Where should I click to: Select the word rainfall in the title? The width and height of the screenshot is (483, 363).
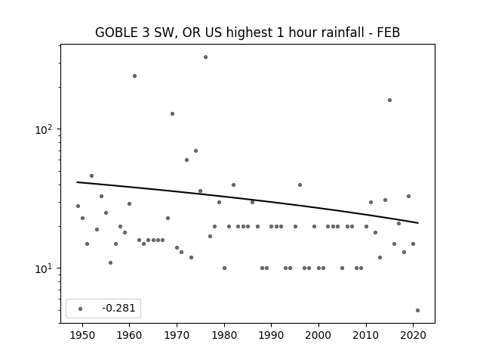[x=327, y=33]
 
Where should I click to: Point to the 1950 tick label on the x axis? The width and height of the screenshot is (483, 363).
[x=82, y=335]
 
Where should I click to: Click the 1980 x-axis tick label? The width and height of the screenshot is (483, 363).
[x=224, y=335]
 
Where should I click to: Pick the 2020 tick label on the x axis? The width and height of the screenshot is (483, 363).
[x=414, y=335]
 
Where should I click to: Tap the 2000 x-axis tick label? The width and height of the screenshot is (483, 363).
[x=318, y=335]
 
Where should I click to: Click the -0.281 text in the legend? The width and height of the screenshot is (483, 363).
[x=118, y=308]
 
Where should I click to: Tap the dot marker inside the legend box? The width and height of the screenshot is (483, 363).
[x=81, y=309]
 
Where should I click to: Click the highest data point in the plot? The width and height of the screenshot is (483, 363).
[x=205, y=57]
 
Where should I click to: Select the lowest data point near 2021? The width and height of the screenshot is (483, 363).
[x=417, y=311]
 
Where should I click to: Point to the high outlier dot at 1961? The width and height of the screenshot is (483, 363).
[x=134, y=76]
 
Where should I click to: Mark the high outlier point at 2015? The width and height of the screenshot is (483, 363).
[x=389, y=101]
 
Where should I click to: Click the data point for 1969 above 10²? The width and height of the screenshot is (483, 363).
[x=173, y=114]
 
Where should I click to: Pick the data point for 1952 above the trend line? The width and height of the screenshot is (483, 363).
[x=92, y=176]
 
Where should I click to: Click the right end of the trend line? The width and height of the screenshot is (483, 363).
[x=418, y=223]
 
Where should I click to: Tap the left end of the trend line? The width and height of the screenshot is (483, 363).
[x=77, y=182]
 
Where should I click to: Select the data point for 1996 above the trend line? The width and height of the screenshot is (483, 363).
[x=300, y=185]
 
